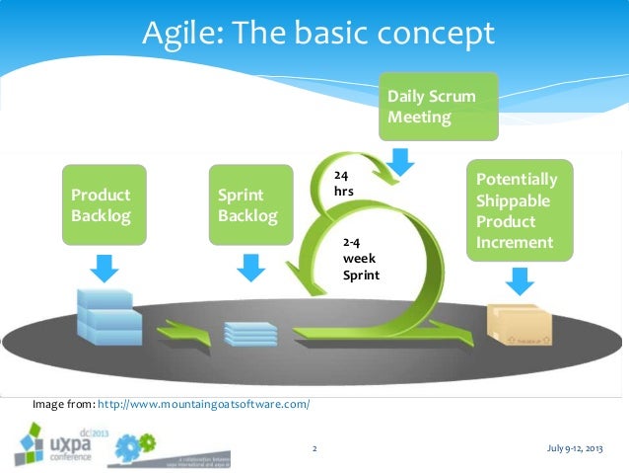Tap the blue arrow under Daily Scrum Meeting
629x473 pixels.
[x=402, y=160]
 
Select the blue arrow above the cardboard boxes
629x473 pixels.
[x=517, y=282]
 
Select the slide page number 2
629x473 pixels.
[x=314, y=449]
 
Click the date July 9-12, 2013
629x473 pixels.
[x=573, y=449]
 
